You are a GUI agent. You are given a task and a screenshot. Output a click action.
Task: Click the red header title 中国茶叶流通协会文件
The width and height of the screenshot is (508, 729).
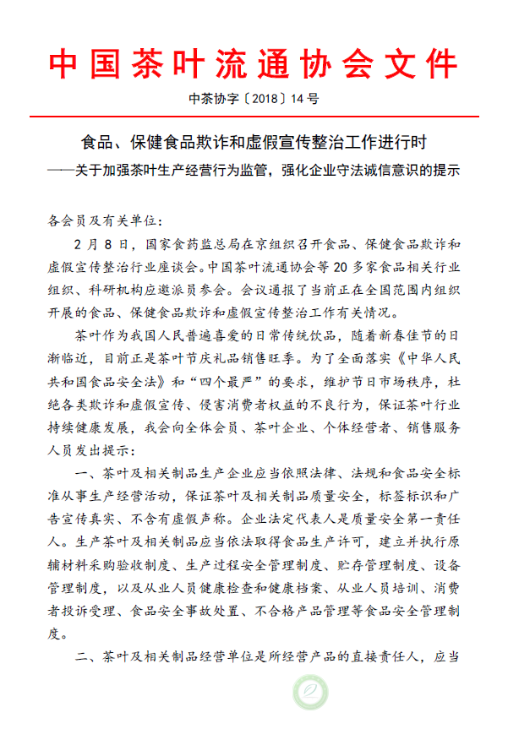click(x=254, y=63)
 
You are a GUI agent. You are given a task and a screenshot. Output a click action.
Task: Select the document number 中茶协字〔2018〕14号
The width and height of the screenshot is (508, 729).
click(x=254, y=99)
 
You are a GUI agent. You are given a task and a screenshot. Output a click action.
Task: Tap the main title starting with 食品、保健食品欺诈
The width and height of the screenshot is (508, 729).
click(x=254, y=139)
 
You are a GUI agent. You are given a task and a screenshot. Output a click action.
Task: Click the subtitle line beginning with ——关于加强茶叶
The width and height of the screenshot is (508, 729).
click(x=254, y=168)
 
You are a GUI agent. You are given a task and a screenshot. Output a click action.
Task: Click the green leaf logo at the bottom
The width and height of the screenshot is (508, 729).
click(x=309, y=694)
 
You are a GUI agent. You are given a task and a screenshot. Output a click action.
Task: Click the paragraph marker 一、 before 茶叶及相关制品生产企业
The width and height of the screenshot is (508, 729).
click(x=88, y=471)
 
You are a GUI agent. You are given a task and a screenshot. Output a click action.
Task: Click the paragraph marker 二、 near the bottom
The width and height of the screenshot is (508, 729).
click(x=88, y=655)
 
